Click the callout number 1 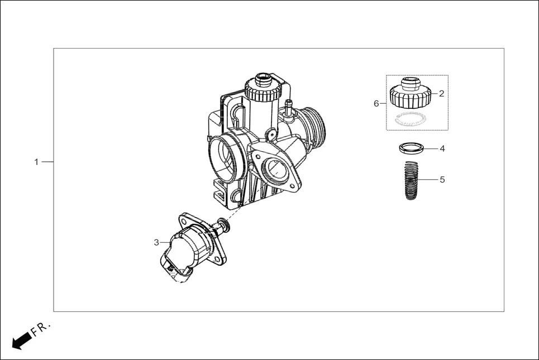(x=36, y=162)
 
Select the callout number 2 (x=441, y=94)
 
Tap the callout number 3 (x=157, y=242)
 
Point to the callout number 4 (x=442, y=149)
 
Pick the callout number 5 (x=442, y=180)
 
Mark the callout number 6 (x=376, y=104)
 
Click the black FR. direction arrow (x=21, y=340)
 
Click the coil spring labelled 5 (x=412, y=180)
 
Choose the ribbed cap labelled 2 (x=411, y=95)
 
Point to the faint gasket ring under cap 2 (x=411, y=118)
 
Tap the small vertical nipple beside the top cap (x=289, y=106)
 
